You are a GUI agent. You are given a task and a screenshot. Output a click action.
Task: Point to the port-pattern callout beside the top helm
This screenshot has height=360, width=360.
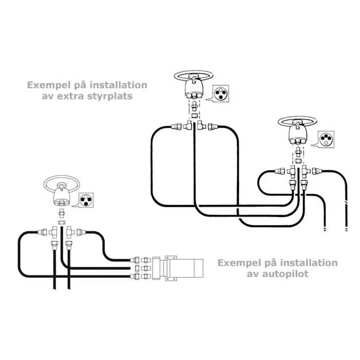pyautogui.click(x=220, y=93)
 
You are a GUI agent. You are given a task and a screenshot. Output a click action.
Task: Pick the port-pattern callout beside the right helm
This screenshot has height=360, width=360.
pyautogui.click(x=326, y=139)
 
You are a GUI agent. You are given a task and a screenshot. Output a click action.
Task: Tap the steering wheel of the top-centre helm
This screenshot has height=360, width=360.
pyautogui.click(x=194, y=76)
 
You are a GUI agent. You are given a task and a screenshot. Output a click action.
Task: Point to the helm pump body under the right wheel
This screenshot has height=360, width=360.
pyautogui.click(x=297, y=135)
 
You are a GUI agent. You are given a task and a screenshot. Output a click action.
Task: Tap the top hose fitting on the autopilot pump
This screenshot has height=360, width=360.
pyautogui.click(x=135, y=260)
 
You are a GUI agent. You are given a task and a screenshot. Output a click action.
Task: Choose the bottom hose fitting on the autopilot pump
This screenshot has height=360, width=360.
pyautogui.click(x=135, y=276)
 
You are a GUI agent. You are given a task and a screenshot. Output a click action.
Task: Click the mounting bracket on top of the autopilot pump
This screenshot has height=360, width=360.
pyautogui.click(x=171, y=258)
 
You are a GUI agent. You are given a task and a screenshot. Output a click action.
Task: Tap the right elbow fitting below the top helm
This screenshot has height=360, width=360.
pyautogui.click(x=201, y=125)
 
